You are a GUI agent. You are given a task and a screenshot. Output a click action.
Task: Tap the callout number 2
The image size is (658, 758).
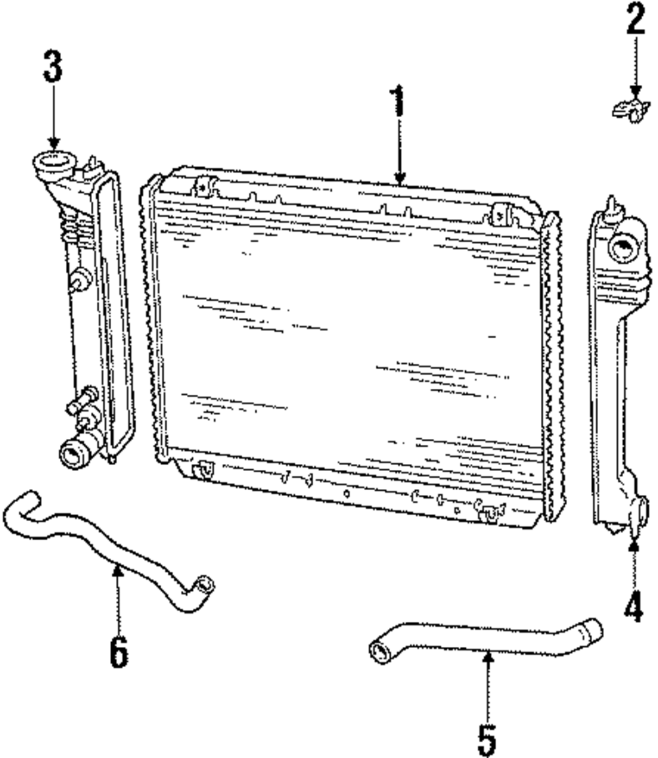634,21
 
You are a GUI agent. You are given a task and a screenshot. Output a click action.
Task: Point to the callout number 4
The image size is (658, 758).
633,604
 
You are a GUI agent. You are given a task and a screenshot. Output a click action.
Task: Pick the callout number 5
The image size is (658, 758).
486,738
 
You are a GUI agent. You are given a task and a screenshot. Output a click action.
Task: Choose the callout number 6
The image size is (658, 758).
118,651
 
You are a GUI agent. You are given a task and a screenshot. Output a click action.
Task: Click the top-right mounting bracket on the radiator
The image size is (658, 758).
502,214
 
